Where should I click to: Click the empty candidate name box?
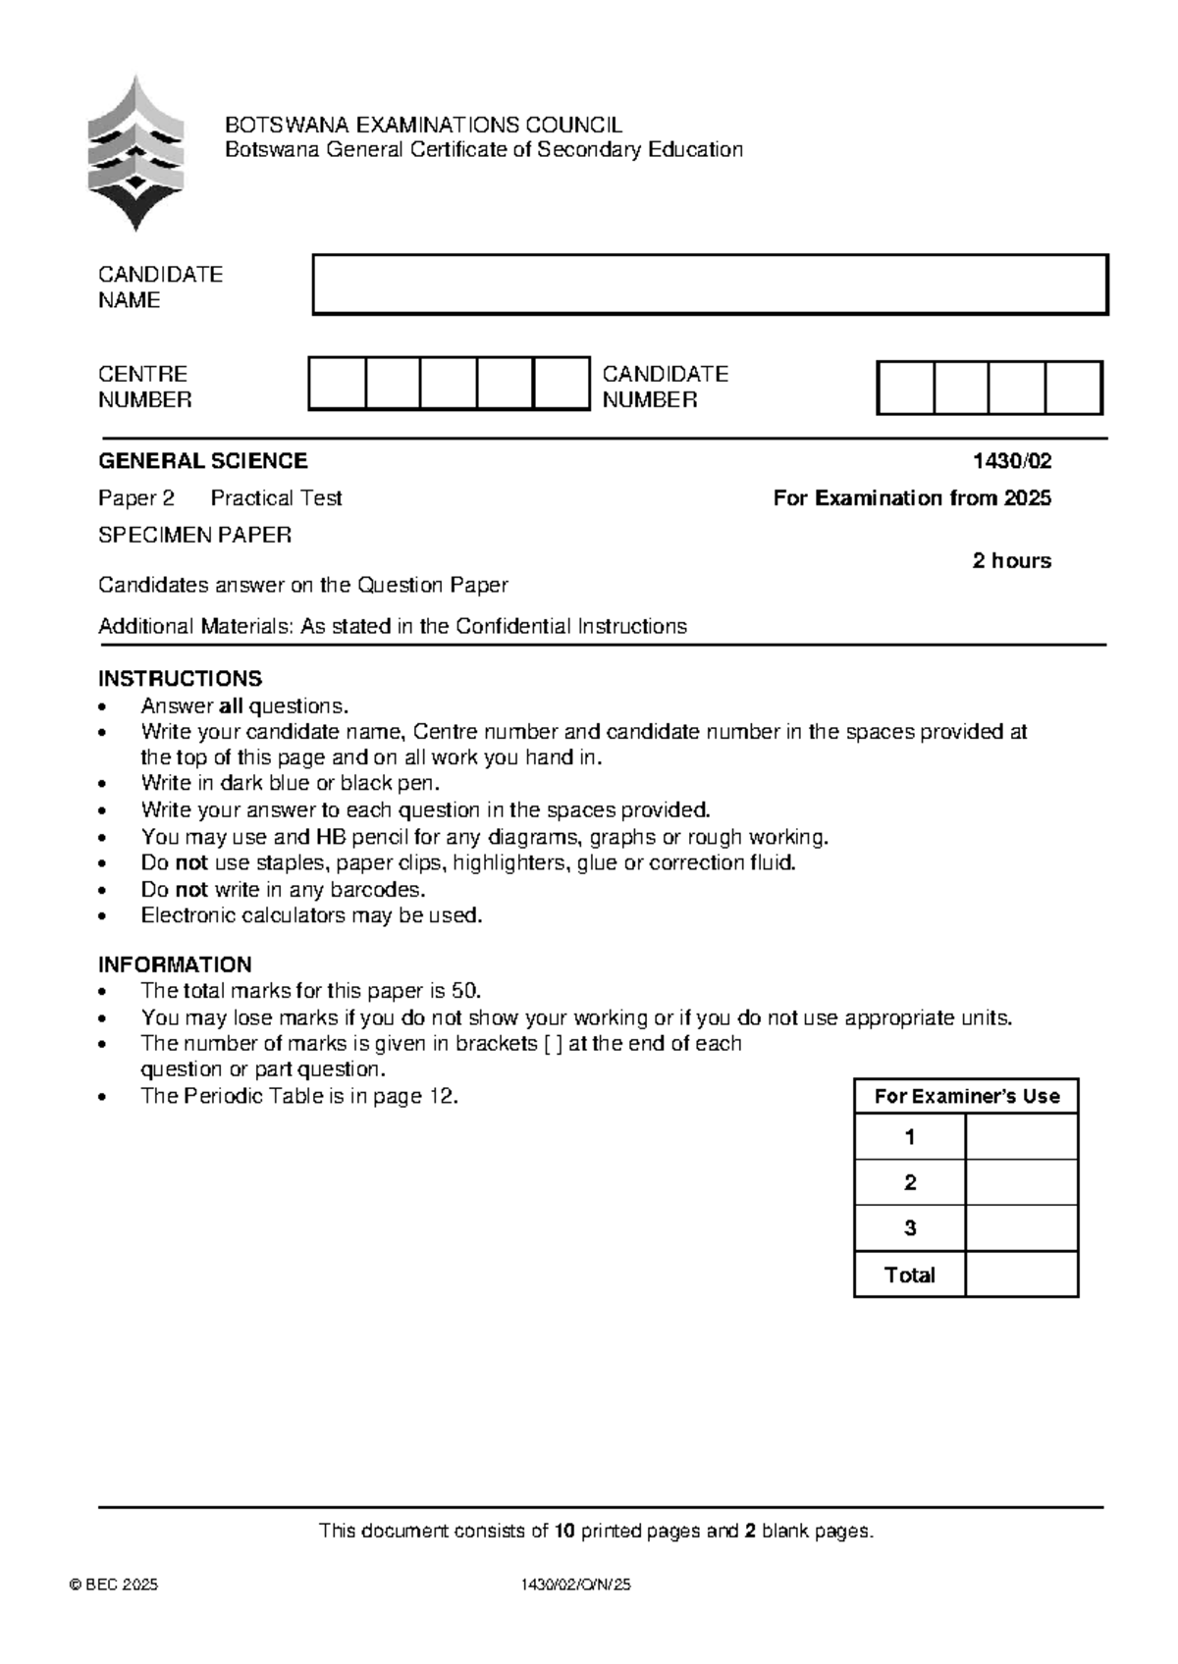710,285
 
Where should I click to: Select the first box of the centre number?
337,383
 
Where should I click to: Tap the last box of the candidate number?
1073,388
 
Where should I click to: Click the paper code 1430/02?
1011,461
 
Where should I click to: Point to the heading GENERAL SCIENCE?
202,461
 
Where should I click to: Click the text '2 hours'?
1011,561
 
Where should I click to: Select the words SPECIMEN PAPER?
194,535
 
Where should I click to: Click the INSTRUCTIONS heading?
180,679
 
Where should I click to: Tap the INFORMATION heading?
175,964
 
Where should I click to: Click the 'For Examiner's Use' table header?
966,1097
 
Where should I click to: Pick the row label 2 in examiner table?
910,1183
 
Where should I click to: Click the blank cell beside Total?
1021,1274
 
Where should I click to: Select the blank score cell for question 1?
1021,1137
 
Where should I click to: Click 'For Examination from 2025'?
911,498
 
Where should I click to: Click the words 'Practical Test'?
276,498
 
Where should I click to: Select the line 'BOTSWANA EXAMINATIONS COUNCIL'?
423,126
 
